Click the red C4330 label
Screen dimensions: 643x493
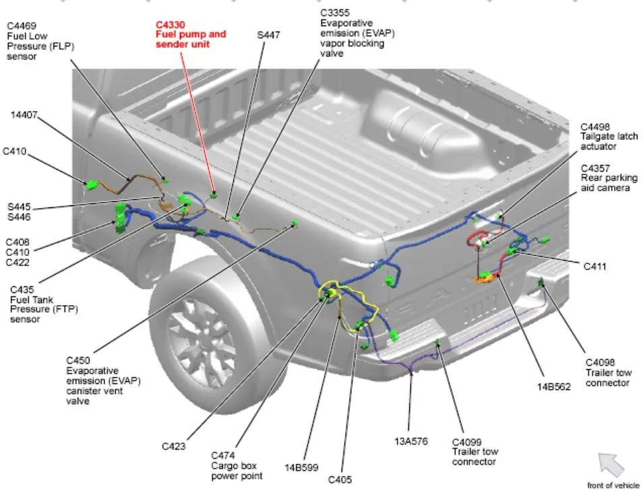pyautogui.click(x=170, y=26)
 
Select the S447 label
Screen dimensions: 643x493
pyautogui.click(x=269, y=35)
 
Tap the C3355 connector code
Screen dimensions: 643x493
pyautogui.click(x=335, y=13)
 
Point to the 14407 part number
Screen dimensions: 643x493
pyautogui.click(x=24, y=115)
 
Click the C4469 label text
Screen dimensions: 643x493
pyautogui.click(x=22, y=26)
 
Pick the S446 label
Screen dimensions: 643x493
pyautogui.click(x=19, y=217)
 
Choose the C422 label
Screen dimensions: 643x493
pyautogui.click(x=18, y=262)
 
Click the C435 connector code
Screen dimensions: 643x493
pyautogui.click(x=22, y=290)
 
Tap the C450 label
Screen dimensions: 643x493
pyautogui.click(x=78, y=360)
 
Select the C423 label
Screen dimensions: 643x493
pyautogui.click(x=173, y=446)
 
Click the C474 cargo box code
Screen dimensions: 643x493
pyautogui.click(x=223, y=456)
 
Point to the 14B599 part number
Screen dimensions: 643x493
pyautogui.click(x=301, y=467)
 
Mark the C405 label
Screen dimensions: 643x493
pyautogui.click(x=340, y=480)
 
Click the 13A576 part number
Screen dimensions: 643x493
pyautogui.click(x=411, y=441)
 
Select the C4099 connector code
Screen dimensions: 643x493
pyautogui.click(x=466, y=442)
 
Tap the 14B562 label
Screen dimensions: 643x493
pyautogui.click(x=553, y=387)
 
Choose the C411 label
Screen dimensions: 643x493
pyautogui.click(x=594, y=267)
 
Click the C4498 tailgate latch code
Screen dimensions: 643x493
pyautogui.click(x=595, y=127)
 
